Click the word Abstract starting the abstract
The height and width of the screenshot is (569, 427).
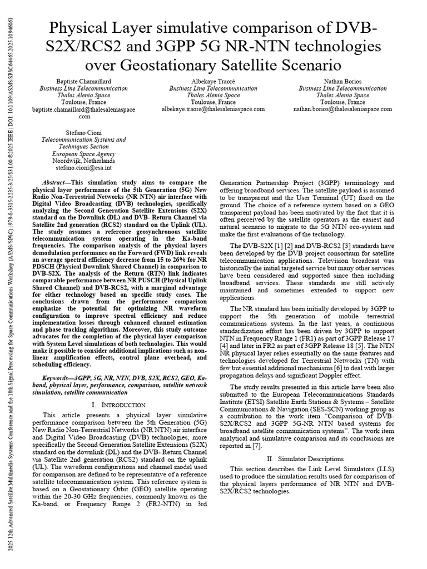[56, 183]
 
